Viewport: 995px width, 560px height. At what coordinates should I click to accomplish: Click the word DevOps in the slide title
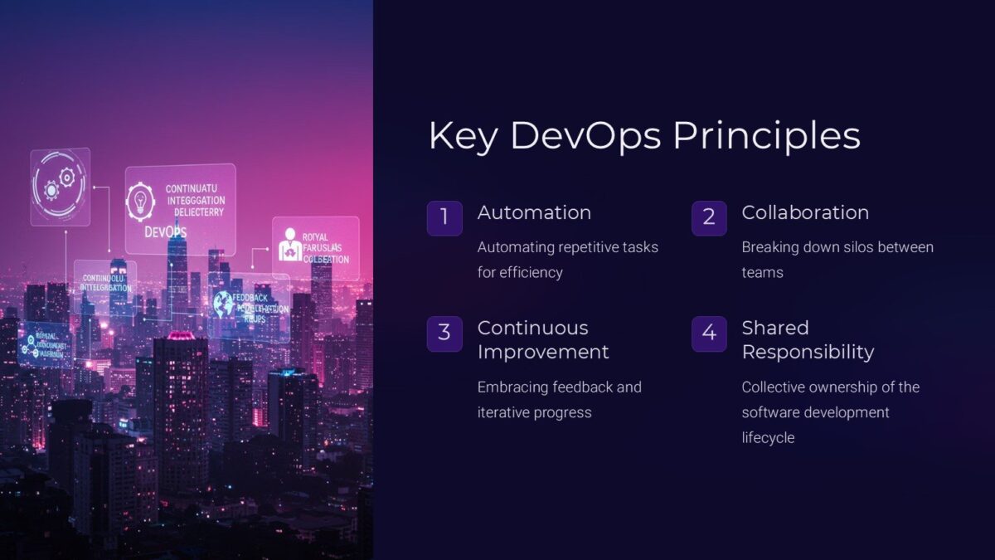coord(585,136)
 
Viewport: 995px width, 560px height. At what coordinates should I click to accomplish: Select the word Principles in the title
coord(766,136)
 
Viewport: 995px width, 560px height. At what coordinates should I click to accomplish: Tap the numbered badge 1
coord(444,217)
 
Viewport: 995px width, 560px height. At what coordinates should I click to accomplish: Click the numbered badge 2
coord(709,217)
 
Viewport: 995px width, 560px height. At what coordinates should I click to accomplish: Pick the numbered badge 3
coord(444,334)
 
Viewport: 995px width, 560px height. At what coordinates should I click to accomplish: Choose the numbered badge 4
coord(709,334)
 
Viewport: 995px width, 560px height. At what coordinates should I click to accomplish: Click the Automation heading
coord(534,212)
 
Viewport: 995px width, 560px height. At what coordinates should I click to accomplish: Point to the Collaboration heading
coord(805,212)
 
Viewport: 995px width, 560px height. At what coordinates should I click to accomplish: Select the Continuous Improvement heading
coord(543,339)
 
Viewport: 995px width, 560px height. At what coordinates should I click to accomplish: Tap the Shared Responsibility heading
coord(808,339)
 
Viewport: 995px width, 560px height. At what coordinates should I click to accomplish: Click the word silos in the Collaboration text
coord(856,247)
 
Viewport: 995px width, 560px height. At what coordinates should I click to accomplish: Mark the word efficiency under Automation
coord(531,272)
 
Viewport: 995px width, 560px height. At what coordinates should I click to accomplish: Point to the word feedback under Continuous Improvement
coord(580,387)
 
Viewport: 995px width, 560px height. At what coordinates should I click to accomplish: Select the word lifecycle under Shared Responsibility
coord(768,437)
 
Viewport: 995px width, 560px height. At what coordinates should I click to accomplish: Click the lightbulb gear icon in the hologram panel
coord(141,202)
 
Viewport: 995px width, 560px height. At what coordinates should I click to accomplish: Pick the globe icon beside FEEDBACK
coord(223,304)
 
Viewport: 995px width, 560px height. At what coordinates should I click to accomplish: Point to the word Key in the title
coord(463,136)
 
